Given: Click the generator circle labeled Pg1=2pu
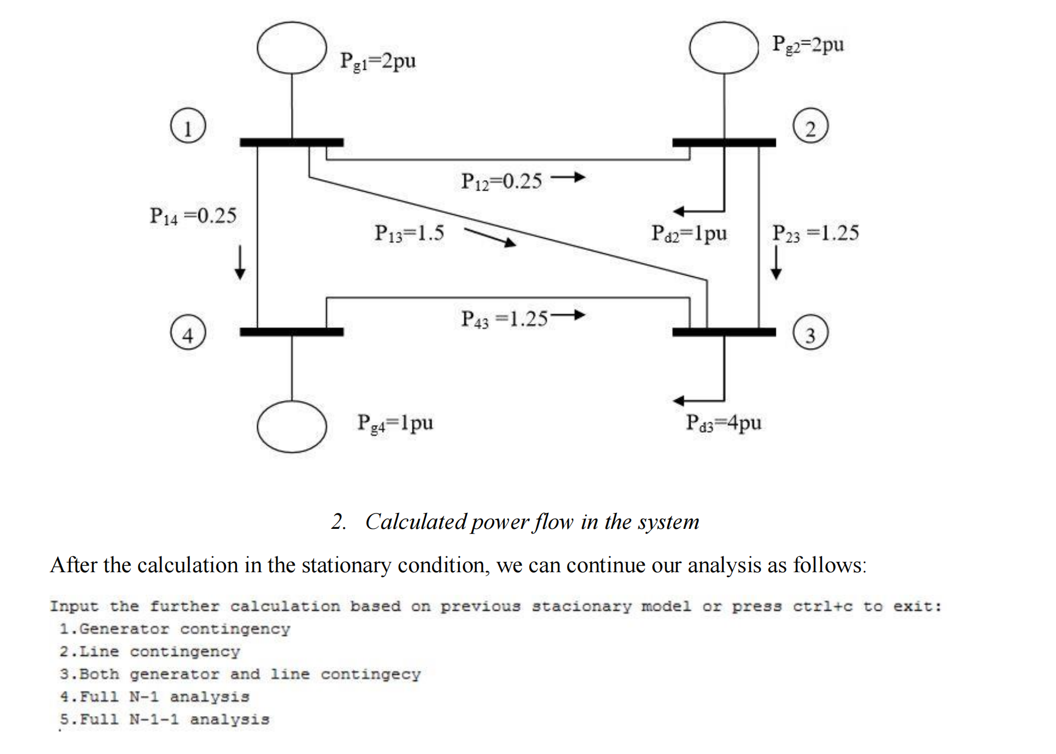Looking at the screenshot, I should tap(292, 48).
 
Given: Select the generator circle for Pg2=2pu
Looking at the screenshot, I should tap(724, 48).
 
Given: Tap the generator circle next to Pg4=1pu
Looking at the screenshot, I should tap(292, 427).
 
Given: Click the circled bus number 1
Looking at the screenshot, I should tap(188, 126).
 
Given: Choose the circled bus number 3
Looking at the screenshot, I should tap(810, 333).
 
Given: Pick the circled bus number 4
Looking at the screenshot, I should tap(188, 333).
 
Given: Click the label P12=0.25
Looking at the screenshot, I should tap(501, 181).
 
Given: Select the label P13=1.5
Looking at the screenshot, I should tap(409, 233).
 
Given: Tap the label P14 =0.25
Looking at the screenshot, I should tap(193, 216).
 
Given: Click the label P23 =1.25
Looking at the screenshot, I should tap(815, 233).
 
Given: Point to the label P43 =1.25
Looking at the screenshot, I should tap(504, 319).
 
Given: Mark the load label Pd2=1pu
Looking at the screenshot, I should tap(689, 233).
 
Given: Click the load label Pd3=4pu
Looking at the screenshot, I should tap(724, 422).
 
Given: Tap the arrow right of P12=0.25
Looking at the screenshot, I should tap(568, 177).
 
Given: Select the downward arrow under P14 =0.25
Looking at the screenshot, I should tap(240, 263).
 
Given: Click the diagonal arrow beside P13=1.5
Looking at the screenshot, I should tap(490, 237).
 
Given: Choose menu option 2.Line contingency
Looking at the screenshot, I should tap(149, 652).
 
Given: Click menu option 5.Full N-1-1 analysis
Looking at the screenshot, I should tap(164, 719).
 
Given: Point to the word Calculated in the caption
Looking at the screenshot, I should tap(416, 522).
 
